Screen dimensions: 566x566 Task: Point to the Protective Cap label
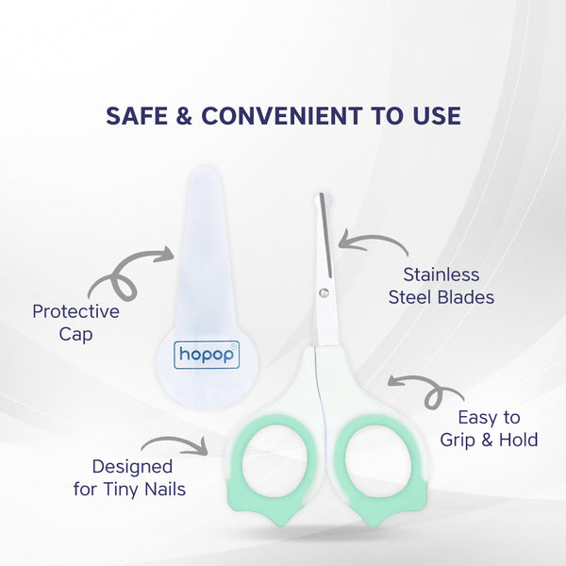pyautogui.click(x=75, y=323)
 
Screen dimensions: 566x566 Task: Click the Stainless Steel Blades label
pyautogui.click(x=441, y=286)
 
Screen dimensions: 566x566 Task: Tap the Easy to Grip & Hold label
pyautogui.click(x=489, y=428)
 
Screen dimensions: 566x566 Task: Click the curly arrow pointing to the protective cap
pyautogui.click(x=127, y=273)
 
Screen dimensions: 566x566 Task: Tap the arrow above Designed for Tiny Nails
pyautogui.click(x=175, y=444)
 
